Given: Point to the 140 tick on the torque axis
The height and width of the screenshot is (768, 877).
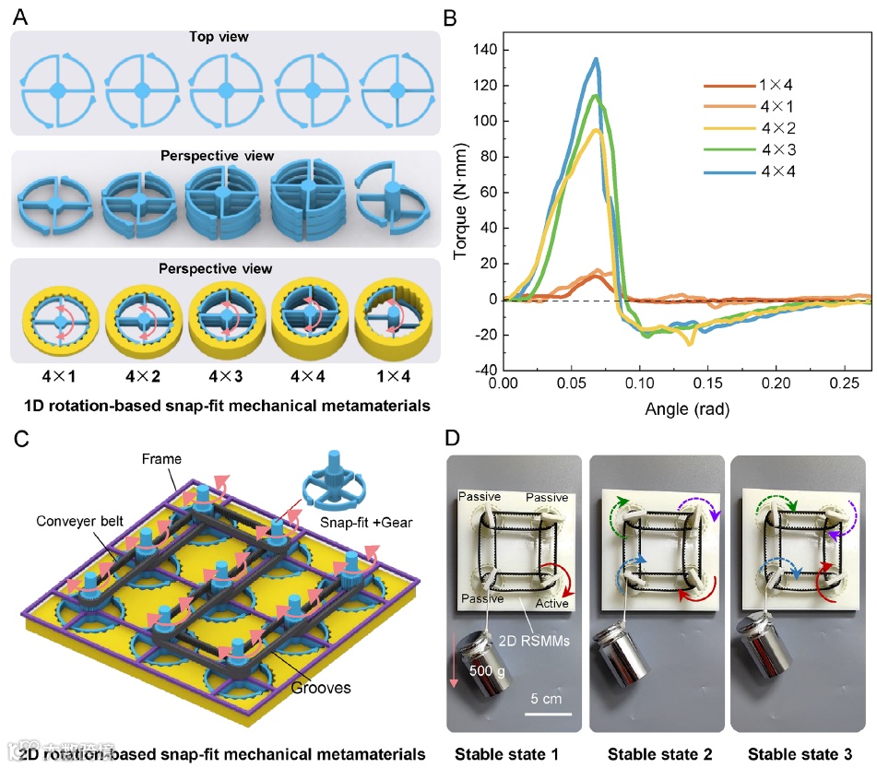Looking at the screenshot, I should (483, 50).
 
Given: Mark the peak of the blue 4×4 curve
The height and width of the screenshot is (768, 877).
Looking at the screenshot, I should (597, 59).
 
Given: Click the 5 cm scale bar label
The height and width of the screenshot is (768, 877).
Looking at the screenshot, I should (551, 698).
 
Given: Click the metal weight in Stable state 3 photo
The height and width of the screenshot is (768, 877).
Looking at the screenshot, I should (764, 651).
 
